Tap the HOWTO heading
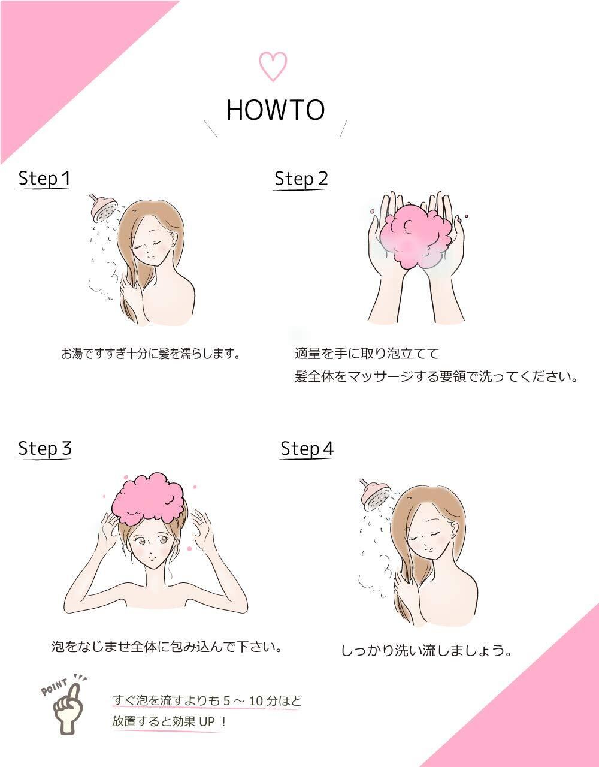point(275,110)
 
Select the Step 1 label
point(44,178)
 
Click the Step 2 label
point(301,179)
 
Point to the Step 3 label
point(45,449)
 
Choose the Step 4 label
point(307,449)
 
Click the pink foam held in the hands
point(416,237)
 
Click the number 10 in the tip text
point(256,701)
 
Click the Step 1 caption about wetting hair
point(150,354)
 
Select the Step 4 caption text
point(426,650)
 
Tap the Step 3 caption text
point(167,647)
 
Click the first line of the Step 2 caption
point(367,354)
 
